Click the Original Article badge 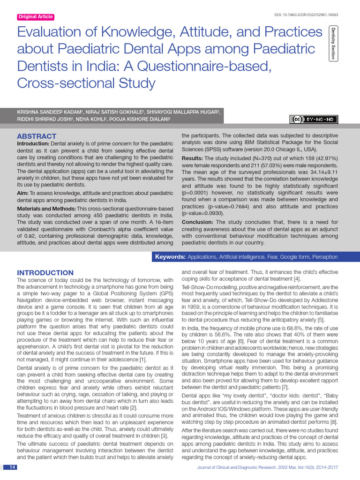tap(36, 17)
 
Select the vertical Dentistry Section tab tap(333, 44)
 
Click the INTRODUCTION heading tap(45, 273)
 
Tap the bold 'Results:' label tap(192, 158)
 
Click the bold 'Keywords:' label tap(170, 257)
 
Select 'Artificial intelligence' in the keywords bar tap(246, 257)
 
